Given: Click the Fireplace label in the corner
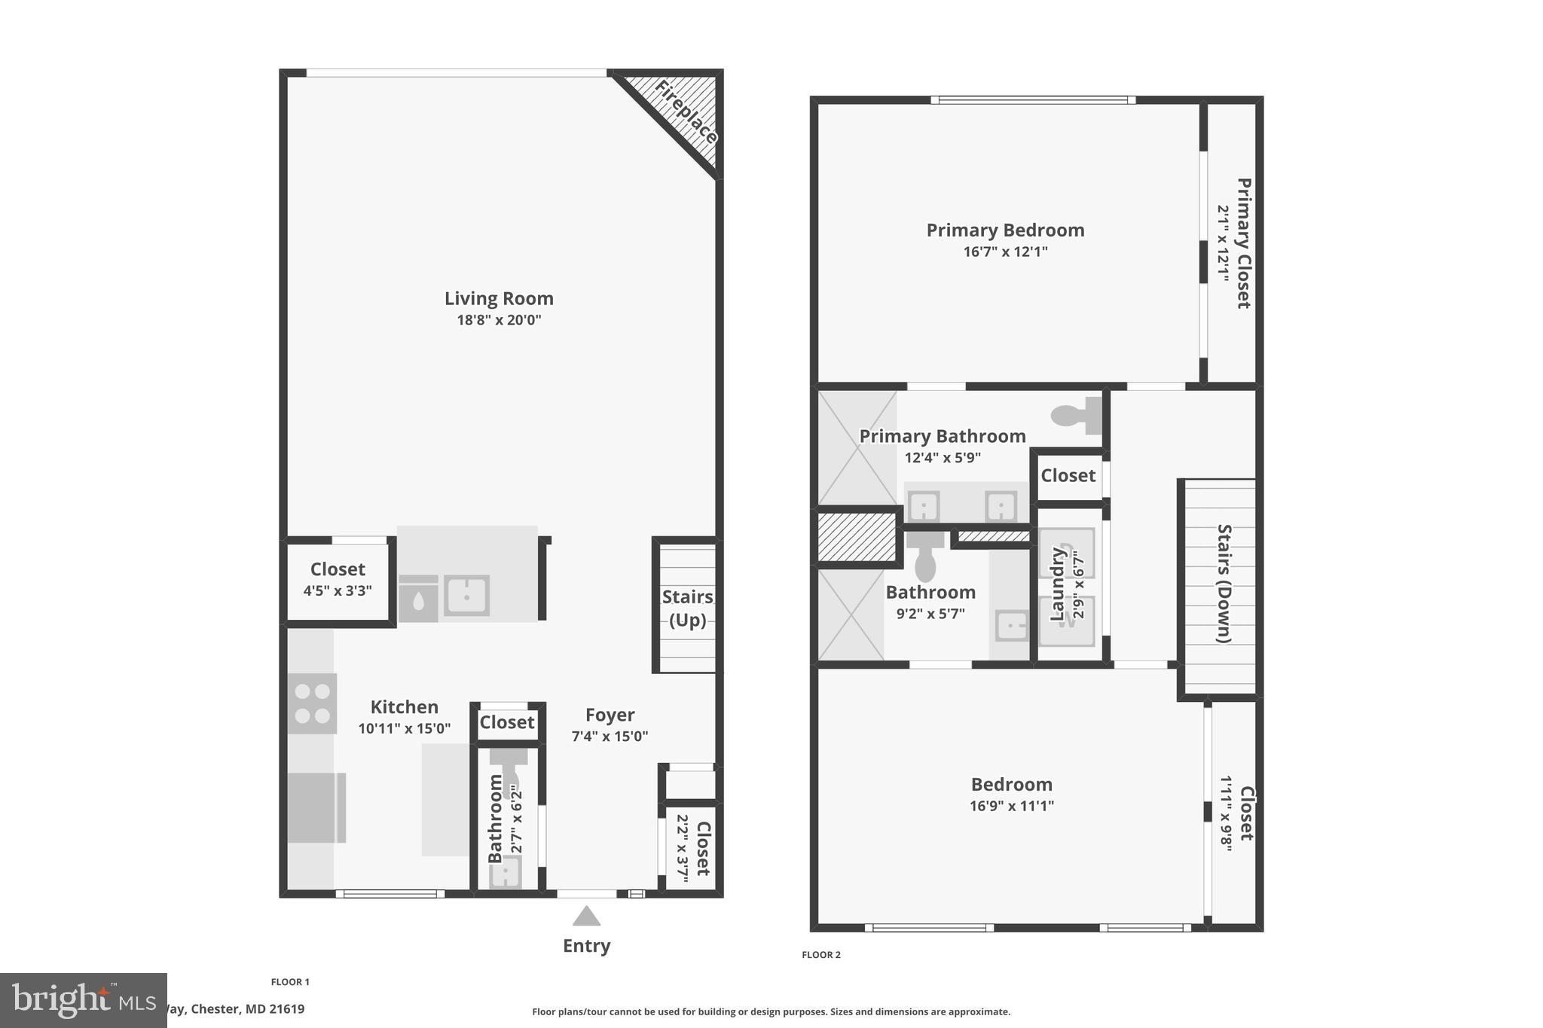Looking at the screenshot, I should click(x=685, y=112).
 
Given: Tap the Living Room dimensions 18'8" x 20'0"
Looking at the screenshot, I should click(x=499, y=320).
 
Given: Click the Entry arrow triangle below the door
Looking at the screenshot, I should click(x=586, y=916).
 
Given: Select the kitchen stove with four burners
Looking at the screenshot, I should click(x=312, y=703).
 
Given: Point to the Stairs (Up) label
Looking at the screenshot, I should click(x=687, y=608).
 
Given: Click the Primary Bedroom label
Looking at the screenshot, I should click(x=1005, y=230).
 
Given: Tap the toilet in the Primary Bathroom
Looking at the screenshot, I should click(x=1076, y=415).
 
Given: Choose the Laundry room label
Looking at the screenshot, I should click(x=1058, y=584).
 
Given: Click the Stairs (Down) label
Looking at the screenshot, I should click(x=1224, y=584).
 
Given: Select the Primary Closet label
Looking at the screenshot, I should click(x=1243, y=243).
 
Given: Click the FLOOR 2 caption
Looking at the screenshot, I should click(x=820, y=955).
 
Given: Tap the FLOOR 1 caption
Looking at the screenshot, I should click(x=290, y=982).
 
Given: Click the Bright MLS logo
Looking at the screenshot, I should click(x=83, y=1000).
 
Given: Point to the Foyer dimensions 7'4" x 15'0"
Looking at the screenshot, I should click(x=610, y=737).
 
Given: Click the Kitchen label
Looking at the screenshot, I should click(x=404, y=707).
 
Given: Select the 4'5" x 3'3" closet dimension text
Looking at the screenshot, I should click(x=338, y=591).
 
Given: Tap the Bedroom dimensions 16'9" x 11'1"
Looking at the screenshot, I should click(x=1011, y=806).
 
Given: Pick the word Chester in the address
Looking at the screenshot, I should click(x=215, y=1009).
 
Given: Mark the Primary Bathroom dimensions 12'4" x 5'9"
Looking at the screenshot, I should click(x=943, y=458).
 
